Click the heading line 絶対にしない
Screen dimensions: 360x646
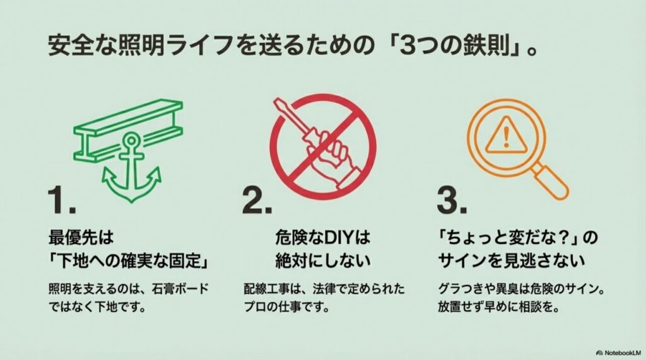tap(322, 259)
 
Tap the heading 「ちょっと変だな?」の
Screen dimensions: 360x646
tap(517, 238)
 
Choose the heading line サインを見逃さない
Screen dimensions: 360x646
tap(512, 259)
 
